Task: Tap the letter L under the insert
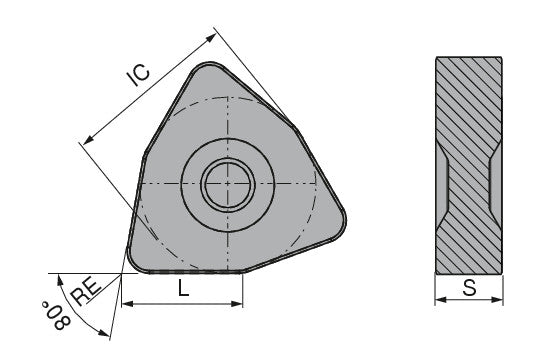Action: coord(182,288)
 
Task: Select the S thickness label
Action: coord(469,289)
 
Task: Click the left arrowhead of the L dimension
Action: coord(125,303)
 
